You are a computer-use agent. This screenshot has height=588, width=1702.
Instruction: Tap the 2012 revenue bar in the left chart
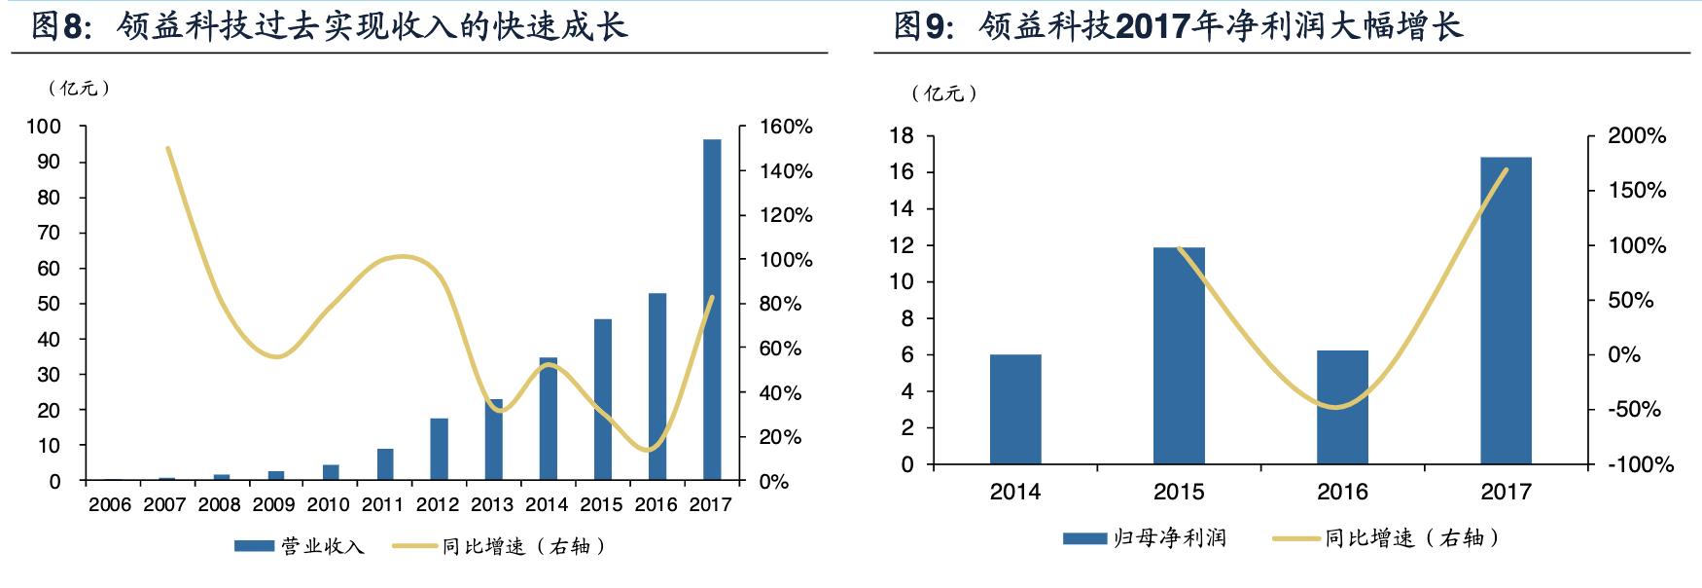pos(439,449)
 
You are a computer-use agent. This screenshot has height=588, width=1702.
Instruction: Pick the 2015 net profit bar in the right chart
pos(1179,355)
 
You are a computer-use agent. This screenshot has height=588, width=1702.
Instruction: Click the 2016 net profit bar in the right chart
pos(1342,407)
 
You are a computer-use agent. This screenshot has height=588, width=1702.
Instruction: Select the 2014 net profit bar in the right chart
pos(1015,409)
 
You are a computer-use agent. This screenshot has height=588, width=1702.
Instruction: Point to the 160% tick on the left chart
pos(785,127)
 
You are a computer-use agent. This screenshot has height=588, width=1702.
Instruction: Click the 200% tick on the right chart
pos(1637,136)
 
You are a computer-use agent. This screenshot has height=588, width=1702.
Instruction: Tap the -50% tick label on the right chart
pos(1634,409)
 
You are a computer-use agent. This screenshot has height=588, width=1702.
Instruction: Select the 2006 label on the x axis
pos(110,504)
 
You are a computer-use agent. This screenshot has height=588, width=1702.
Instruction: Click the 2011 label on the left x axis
pos(382,504)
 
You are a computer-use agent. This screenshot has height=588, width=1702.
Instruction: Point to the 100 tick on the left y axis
pos(44,127)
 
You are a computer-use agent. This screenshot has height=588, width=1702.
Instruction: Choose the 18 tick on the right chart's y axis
pos(902,136)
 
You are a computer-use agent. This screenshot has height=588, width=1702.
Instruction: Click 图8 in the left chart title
pos(60,26)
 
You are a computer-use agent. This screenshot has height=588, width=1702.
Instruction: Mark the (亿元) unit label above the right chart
pos(944,93)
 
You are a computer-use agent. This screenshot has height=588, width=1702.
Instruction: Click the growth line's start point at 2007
pos(167,148)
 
